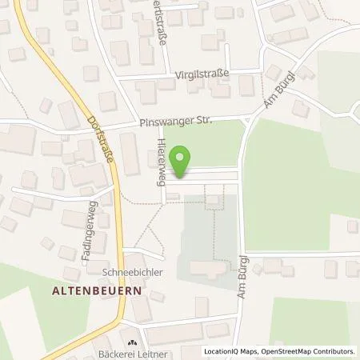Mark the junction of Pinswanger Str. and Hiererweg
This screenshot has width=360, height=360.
pyautogui.click(x=162, y=125)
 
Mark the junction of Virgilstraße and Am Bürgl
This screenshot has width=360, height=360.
pyautogui.click(x=264, y=71)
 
